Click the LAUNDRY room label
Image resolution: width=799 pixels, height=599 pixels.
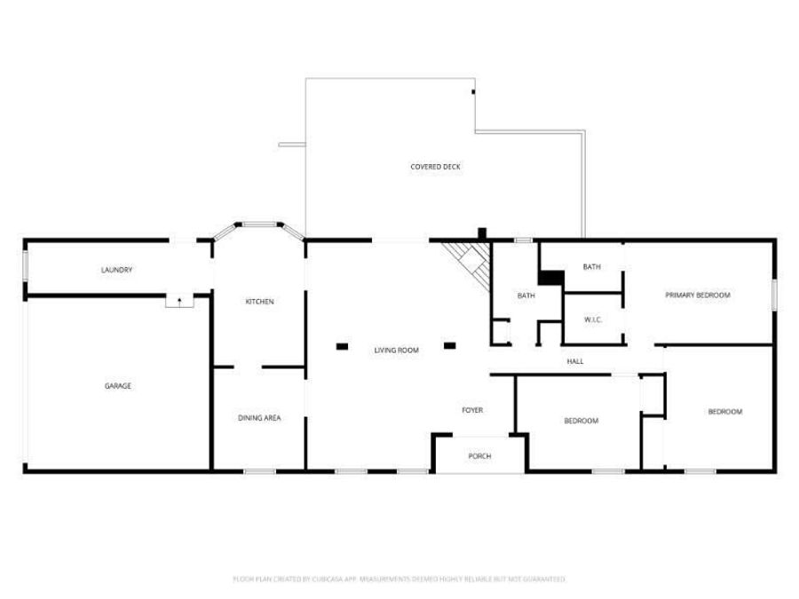pyautogui.click(x=117, y=270)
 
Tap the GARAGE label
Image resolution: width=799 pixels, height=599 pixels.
pyautogui.click(x=118, y=386)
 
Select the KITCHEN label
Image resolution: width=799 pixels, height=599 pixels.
pyautogui.click(x=259, y=302)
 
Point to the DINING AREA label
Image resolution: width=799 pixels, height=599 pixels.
pyautogui.click(x=259, y=418)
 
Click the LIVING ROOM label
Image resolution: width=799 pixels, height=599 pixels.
pyautogui.click(x=396, y=351)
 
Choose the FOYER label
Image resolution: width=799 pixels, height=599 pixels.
pyautogui.click(x=472, y=410)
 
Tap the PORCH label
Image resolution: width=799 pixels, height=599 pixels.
pyautogui.click(x=479, y=456)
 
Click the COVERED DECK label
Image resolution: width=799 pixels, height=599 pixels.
pyautogui.click(x=435, y=167)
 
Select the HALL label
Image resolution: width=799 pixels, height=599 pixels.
pyautogui.click(x=575, y=361)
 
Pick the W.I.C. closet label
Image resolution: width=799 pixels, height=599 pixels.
pyautogui.click(x=593, y=319)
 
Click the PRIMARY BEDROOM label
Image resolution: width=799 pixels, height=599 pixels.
pyautogui.click(x=698, y=295)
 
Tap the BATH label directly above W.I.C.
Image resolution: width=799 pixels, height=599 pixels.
pyautogui.click(x=592, y=266)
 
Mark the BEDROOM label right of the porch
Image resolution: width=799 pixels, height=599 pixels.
pyautogui.click(x=581, y=421)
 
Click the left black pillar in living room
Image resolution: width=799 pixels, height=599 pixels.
pyautogui.click(x=342, y=345)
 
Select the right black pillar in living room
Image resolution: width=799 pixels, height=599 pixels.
pyautogui.click(x=449, y=345)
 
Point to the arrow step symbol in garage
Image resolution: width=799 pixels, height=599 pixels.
pyautogui.click(x=179, y=302)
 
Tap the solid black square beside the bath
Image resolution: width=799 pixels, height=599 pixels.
pyautogui.click(x=550, y=278)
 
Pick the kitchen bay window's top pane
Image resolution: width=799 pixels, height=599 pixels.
pyautogui.click(x=258, y=225)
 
